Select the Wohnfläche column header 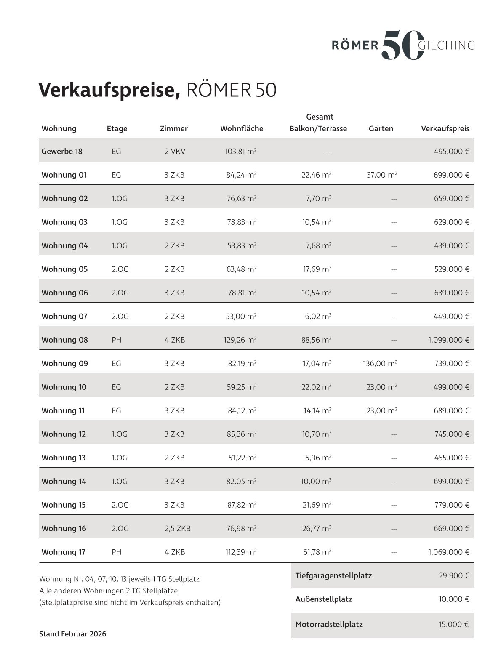[242, 129]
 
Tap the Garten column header [381, 129]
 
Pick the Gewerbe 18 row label [62, 151]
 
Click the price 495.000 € [451, 151]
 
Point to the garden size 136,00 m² [380, 363]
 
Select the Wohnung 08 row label [65, 340]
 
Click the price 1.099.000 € [448, 340]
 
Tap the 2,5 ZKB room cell [177, 528]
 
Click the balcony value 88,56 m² [316, 340]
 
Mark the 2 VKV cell [174, 151]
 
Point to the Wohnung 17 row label [64, 552]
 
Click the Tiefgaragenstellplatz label [333, 575]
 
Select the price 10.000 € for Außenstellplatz [453, 599]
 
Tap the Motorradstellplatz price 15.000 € [453, 624]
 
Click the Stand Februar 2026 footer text [72, 633]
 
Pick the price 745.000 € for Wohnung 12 [452, 434]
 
